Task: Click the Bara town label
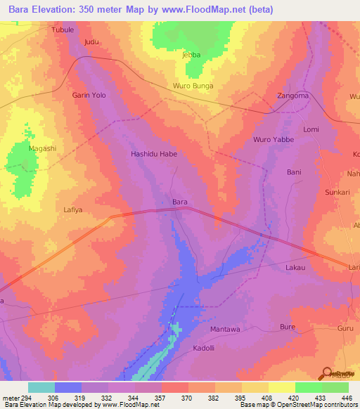[180, 202]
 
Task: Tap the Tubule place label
[63, 30]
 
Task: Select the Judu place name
[91, 42]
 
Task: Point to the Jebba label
[191, 55]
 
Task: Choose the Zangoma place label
[292, 96]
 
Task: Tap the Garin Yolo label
[89, 95]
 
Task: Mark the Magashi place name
[42, 148]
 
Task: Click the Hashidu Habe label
[154, 153]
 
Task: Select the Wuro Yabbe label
[274, 140]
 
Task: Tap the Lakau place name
[295, 268]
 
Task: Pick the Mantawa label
[226, 329]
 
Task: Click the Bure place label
[288, 327]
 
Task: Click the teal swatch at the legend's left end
[41, 387]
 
